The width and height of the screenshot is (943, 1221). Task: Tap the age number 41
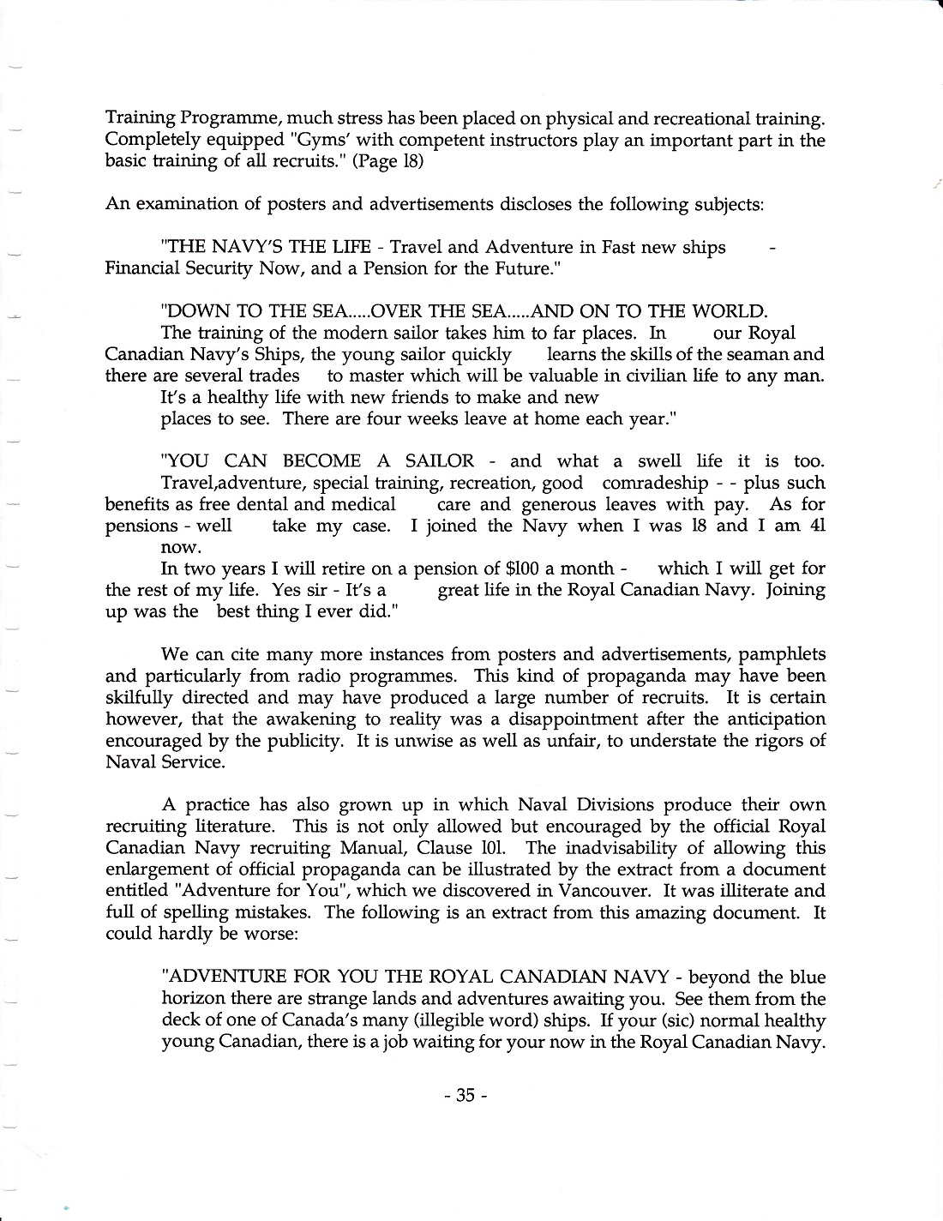pyautogui.click(x=817, y=526)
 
